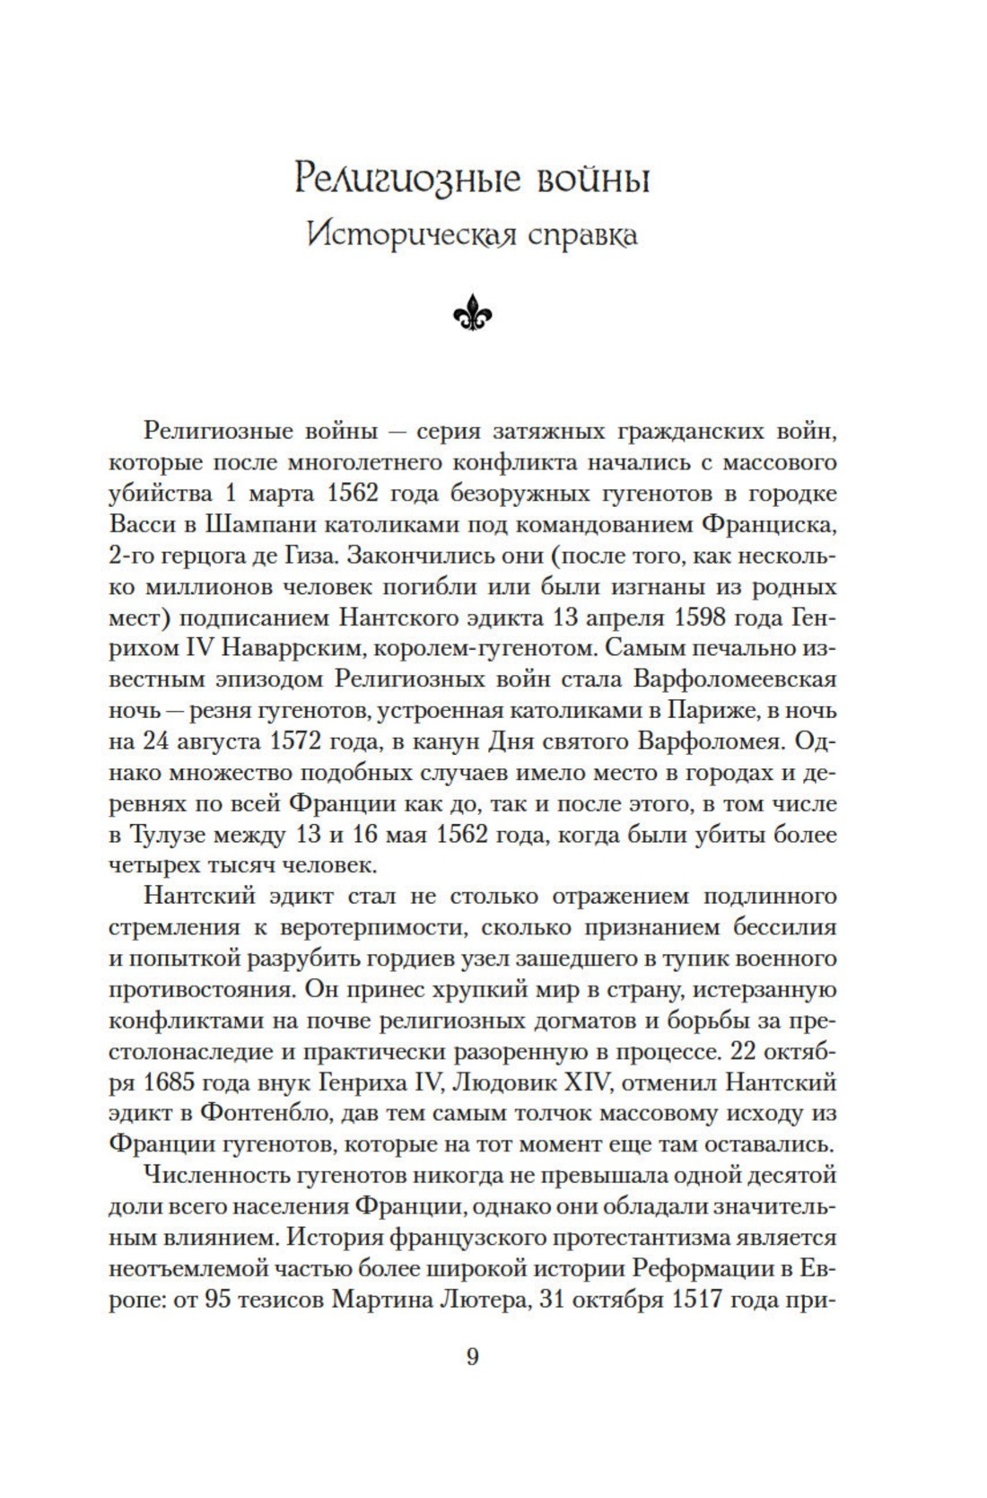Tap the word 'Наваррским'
pyautogui.click(x=244, y=650)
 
